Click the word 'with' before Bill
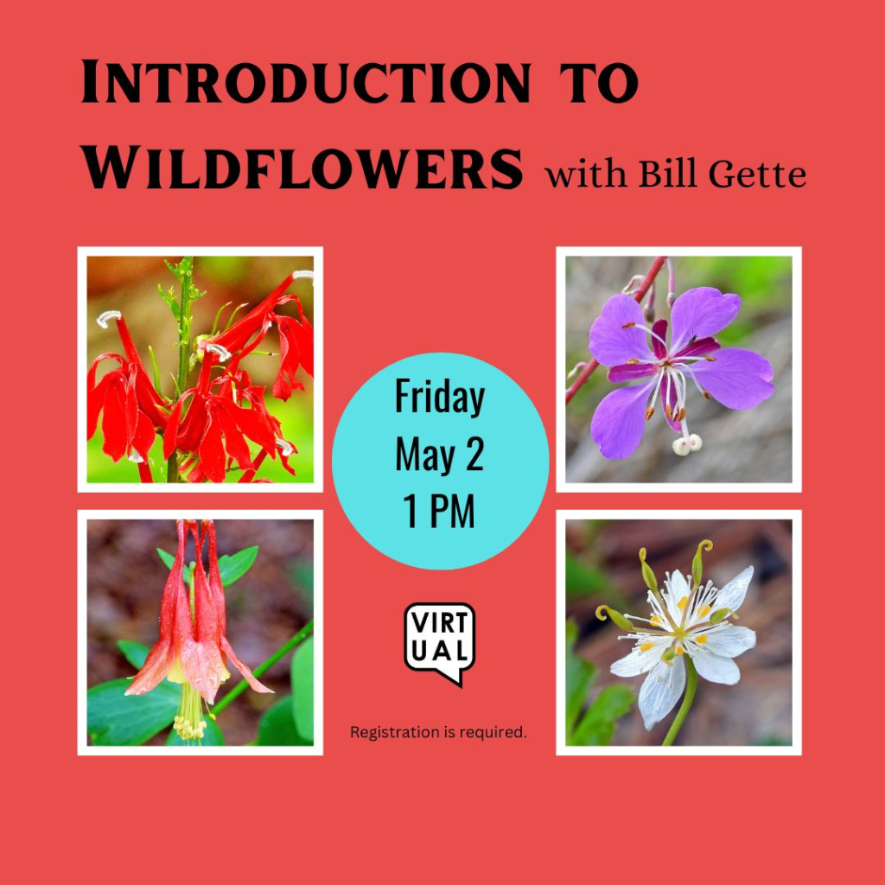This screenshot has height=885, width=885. pos(587,175)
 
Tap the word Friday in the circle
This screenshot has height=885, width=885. pos(440,398)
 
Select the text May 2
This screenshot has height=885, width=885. pos(440,455)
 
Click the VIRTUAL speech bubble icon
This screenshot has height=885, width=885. pos(440,641)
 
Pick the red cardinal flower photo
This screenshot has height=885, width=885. pos(201,370)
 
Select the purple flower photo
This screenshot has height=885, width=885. pos(678,370)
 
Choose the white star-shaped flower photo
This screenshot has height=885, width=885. pos(678,633)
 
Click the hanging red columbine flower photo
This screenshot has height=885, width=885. pos(201,633)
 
